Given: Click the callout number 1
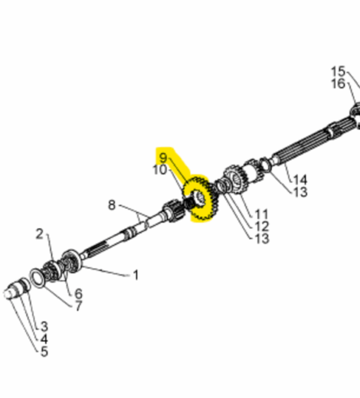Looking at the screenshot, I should [136, 274].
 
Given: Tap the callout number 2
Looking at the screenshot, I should [40, 233].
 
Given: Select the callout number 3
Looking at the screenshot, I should [44, 326].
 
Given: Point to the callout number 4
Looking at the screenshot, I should [44, 338].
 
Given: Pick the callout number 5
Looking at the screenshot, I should [44, 351].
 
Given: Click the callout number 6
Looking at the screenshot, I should [77, 293].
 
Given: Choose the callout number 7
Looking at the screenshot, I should [77, 306].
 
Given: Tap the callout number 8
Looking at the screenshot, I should [112, 204].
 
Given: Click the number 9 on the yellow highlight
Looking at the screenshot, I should [162, 158].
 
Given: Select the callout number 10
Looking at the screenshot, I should [159, 170].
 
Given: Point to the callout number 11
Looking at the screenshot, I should [262, 214].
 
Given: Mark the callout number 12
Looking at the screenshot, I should [262, 227].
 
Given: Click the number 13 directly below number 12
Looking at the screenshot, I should [262, 239].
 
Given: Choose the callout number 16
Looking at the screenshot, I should [338, 83].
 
